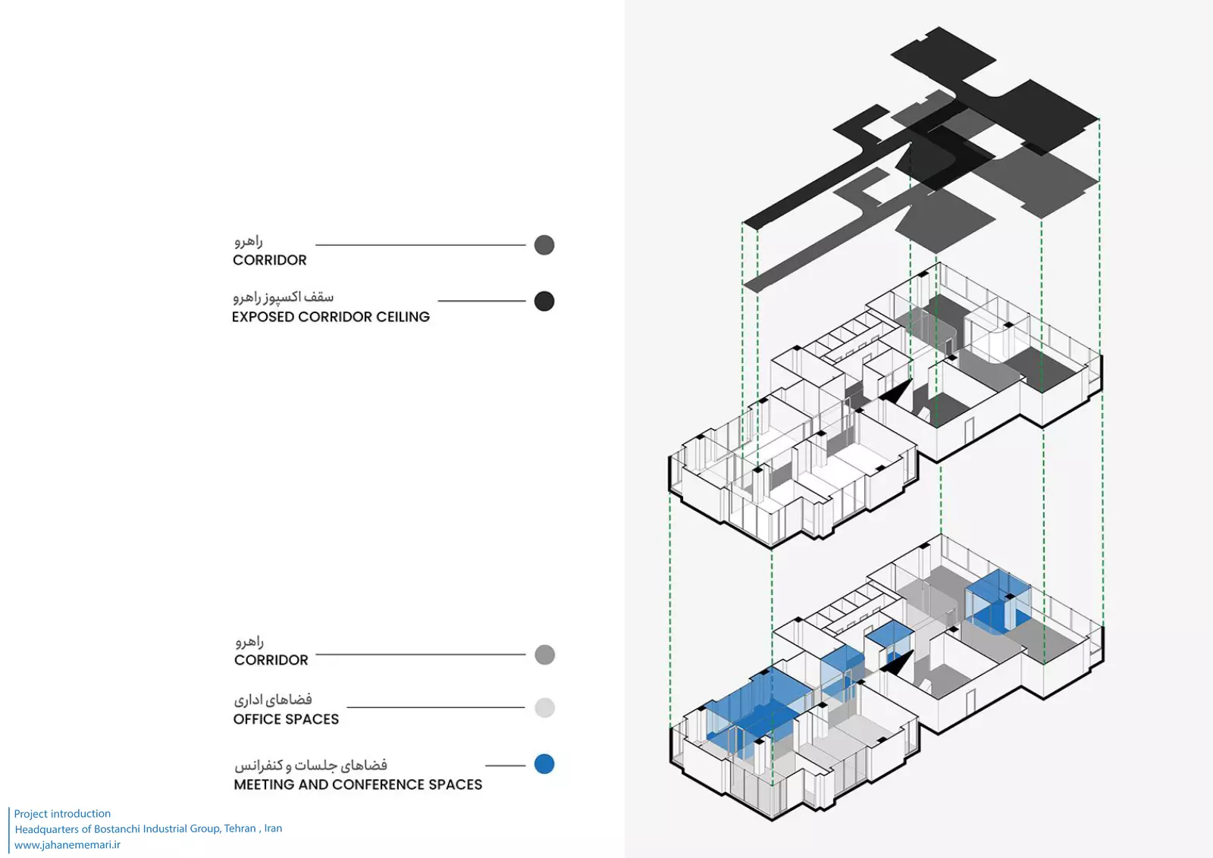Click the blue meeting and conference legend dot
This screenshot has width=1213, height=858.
[x=544, y=764]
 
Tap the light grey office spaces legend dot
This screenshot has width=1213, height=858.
[x=544, y=708]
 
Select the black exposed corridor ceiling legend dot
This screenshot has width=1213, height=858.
[x=544, y=301]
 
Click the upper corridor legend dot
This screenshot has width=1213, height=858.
[x=544, y=245]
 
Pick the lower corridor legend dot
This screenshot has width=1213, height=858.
[x=544, y=655]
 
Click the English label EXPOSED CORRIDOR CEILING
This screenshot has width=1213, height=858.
[x=331, y=317]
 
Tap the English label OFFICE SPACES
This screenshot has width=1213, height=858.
[x=286, y=719]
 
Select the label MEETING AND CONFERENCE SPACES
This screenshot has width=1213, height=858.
[x=358, y=784]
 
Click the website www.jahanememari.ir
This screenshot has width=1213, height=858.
[x=67, y=844]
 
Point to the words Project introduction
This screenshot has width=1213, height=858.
[x=62, y=813]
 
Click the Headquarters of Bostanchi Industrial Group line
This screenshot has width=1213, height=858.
[x=149, y=828]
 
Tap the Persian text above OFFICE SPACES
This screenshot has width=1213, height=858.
[x=273, y=700]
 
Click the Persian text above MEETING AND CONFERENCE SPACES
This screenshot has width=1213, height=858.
[x=311, y=765]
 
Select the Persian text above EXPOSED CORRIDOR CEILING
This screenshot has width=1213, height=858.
[x=284, y=297]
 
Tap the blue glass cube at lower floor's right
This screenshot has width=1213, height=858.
[x=998, y=600]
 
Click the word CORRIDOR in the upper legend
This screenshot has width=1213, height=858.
[x=270, y=260]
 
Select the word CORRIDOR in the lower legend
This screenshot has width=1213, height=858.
[x=271, y=660]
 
